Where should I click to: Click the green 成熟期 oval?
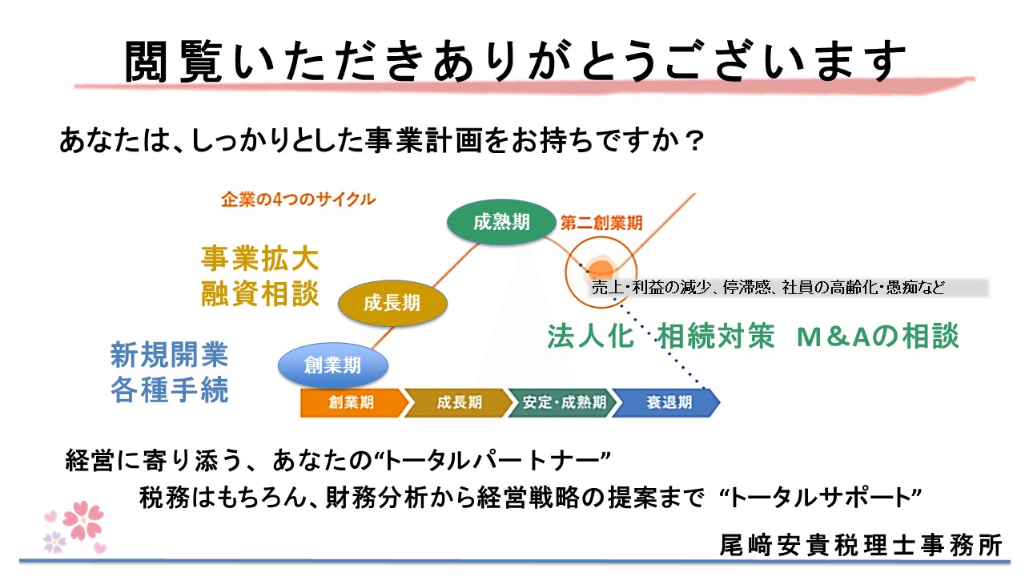pyautogui.click(x=501, y=223)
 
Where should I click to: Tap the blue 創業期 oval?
pyautogui.click(x=332, y=365)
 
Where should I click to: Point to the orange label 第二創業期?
pyautogui.click(x=601, y=222)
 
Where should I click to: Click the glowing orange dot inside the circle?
pyautogui.click(x=600, y=267)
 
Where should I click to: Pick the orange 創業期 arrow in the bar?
pyautogui.click(x=349, y=402)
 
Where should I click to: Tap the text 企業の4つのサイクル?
pyautogui.click(x=298, y=200)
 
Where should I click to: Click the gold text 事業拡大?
pyautogui.click(x=259, y=259)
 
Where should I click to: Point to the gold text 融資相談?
pyautogui.click(x=259, y=294)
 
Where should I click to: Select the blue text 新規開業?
pyautogui.click(x=169, y=353)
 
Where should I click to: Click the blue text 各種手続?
pyautogui.click(x=169, y=390)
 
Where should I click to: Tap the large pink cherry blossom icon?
pyautogui.click(x=83, y=519)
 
